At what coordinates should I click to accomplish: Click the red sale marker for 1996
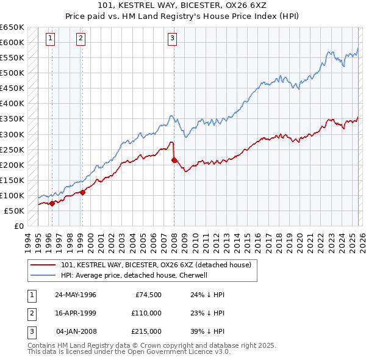tap(52, 203)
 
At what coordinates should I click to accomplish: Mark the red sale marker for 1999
tap(82, 192)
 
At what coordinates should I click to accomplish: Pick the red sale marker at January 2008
tap(174, 160)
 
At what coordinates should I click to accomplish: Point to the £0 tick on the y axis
tap(19, 226)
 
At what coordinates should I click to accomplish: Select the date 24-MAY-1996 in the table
tap(75, 295)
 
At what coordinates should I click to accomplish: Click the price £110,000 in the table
tap(146, 313)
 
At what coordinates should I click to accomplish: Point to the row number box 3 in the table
tap(31, 331)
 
